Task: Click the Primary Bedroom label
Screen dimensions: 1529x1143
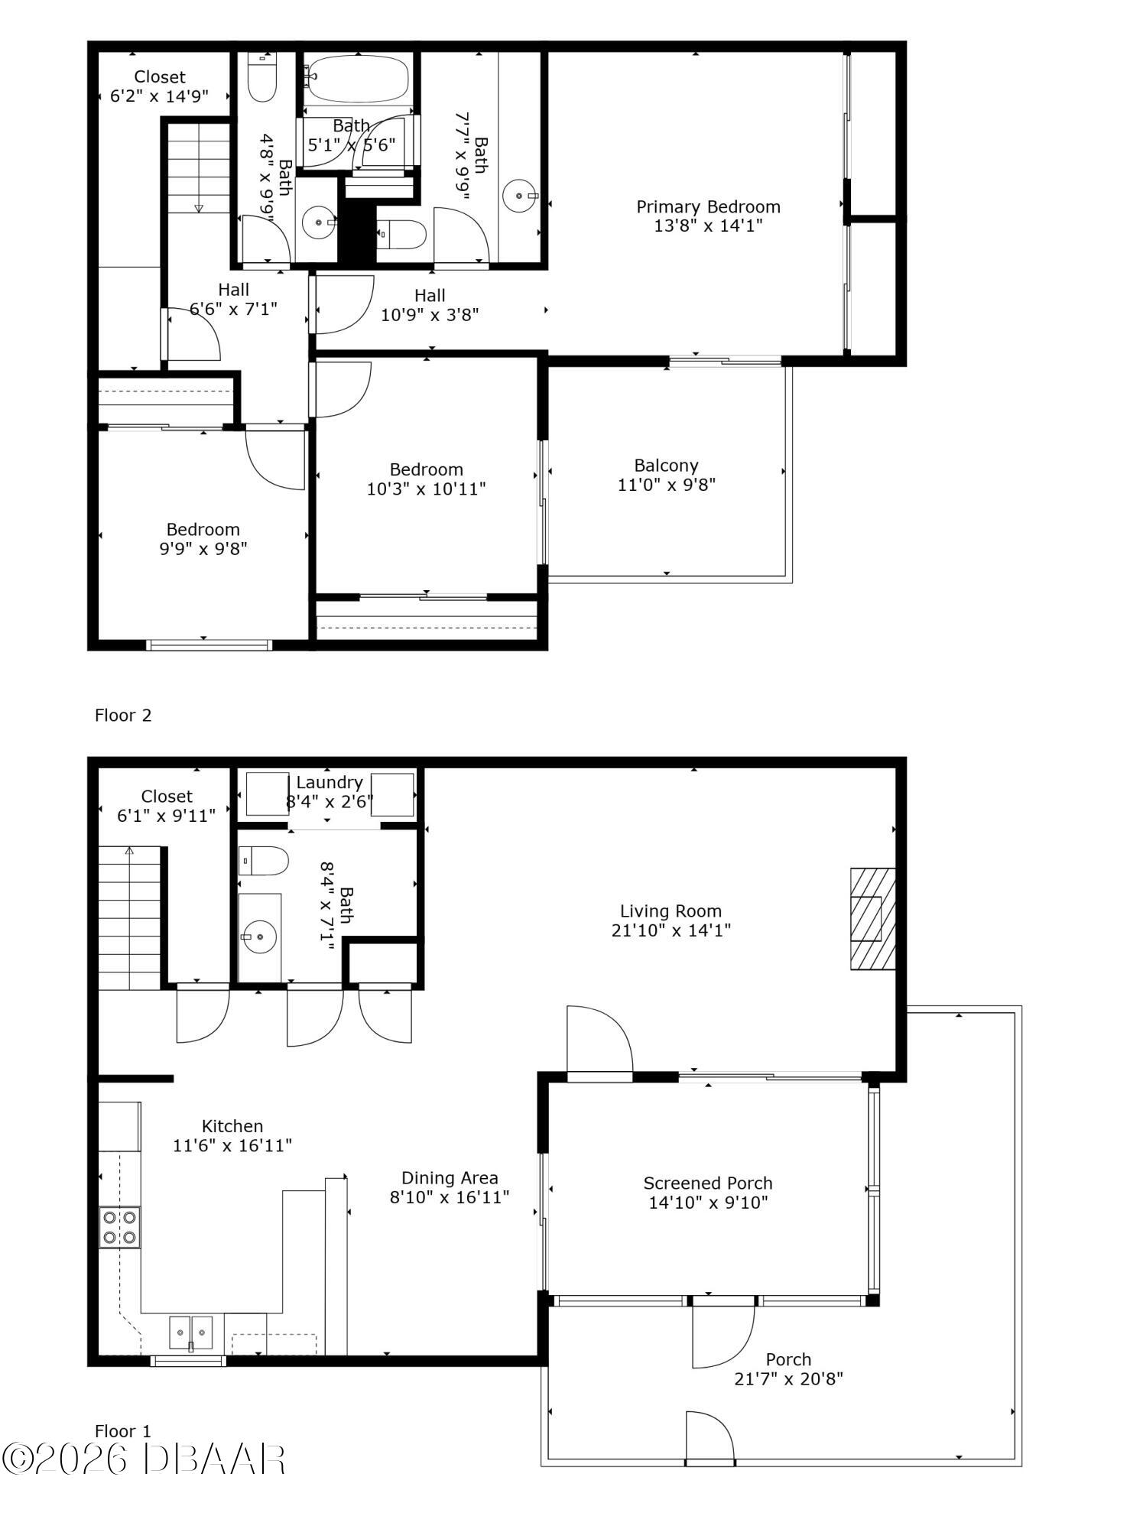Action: [x=708, y=206]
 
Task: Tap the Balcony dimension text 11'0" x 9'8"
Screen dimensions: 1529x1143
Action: [x=666, y=485]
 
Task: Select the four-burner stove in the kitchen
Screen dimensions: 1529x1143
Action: [x=119, y=1227]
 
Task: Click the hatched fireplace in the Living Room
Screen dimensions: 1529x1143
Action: [x=872, y=918]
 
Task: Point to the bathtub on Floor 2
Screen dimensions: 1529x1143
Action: [x=357, y=78]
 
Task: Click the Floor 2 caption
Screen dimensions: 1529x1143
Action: [x=123, y=716]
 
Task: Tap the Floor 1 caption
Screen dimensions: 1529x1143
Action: [x=123, y=1431]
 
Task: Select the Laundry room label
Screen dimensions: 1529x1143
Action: [x=329, y=782]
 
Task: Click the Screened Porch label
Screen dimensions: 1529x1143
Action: [x=707, y=1183]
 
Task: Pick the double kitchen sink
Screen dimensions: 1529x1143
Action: [x=191, y=1333]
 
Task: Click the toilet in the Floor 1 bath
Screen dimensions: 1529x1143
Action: [x=262, y=861]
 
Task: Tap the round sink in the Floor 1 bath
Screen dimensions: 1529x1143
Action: [x=259, y=935]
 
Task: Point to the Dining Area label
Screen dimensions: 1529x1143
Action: [x=450, y=1178]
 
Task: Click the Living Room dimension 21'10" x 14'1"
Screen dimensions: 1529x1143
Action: [x=671, y=930]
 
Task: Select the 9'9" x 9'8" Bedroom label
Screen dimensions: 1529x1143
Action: [x=203, y=530]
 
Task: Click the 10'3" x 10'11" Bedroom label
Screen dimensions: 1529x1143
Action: [x=426, y=469]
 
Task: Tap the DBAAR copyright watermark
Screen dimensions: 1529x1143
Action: [x=144, y=1459]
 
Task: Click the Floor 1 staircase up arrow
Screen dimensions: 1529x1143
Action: [x=129, y=850]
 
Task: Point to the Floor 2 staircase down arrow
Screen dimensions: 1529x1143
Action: [x=199, y=207]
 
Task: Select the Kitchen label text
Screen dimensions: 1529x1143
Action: [x=232, y=1126]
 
